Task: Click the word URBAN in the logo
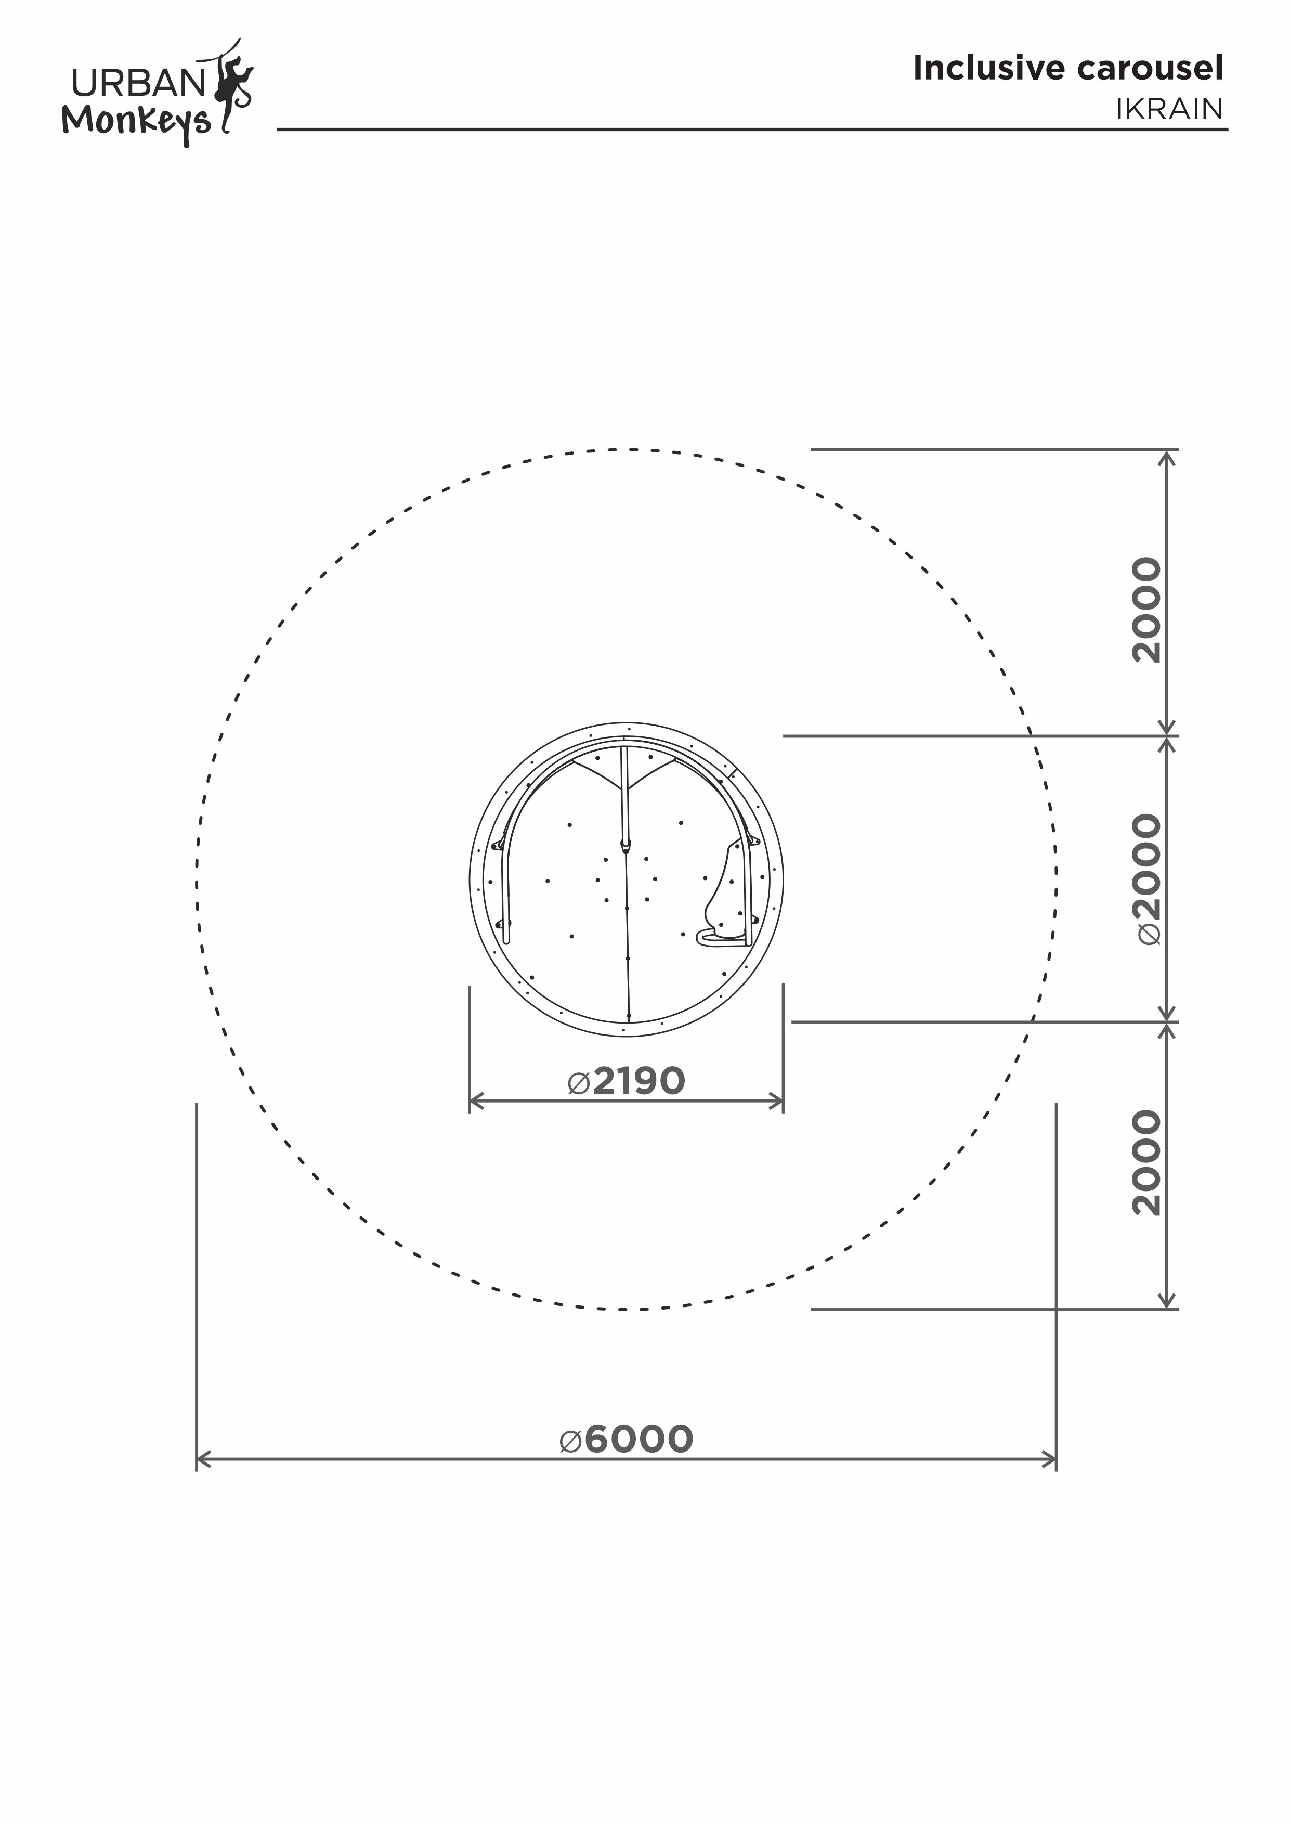[x=138, y=83]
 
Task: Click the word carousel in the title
[x=1150, y=69]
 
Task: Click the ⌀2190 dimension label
[x=627, y=1081]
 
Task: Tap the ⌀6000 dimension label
[x=627, y=1439]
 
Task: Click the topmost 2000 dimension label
[x=1148, y=611]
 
